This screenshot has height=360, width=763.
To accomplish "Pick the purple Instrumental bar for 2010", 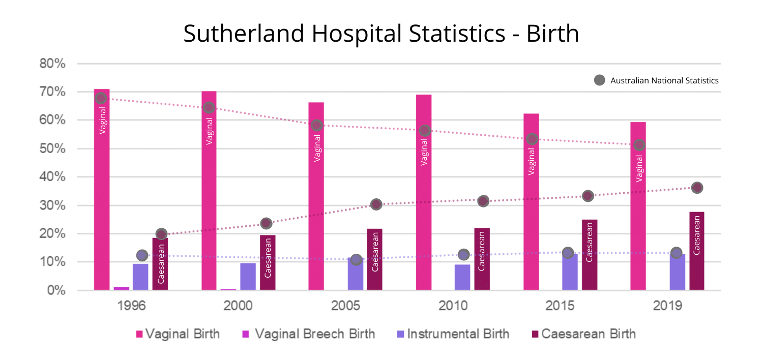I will click(x=462, y=277).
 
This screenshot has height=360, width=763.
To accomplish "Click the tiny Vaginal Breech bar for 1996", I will click(x=121, y=288).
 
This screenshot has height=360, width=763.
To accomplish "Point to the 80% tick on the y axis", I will click(x=53, y=64).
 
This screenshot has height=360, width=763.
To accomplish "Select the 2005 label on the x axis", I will click(x=346, y=306).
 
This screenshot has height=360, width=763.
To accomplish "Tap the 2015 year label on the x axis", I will click(x=561, y=306).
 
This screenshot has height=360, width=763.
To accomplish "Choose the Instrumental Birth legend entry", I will click(x=453, y=334).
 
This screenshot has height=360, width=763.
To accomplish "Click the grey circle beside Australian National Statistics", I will click(x=600, y=80).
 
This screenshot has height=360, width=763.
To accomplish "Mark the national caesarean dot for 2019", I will click(x=697, y=188).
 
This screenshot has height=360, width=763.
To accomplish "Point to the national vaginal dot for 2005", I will click(x=316, y=125).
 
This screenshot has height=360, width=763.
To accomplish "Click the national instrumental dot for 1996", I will click(x=142, y=255).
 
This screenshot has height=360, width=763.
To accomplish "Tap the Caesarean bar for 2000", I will click(x=268, y=262).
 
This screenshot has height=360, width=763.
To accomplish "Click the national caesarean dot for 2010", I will click(x=483, y=201).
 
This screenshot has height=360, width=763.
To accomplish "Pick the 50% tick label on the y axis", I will click(x=53, y=149).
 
